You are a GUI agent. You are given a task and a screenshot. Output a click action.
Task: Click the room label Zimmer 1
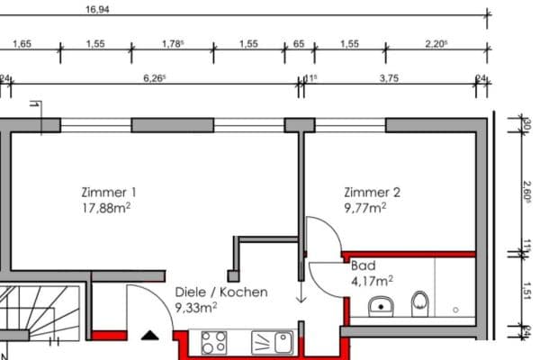[x=108, y=192]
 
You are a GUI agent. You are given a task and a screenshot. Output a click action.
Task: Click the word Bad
[x=363, y=266]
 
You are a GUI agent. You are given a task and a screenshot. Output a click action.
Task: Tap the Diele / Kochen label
[x=221, y=292]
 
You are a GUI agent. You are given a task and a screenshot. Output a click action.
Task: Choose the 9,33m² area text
[x=194, y=307]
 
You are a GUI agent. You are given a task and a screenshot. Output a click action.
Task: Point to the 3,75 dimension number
[x=389, y=78]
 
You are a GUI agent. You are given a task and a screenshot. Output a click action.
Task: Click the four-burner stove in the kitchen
[x=212, y=342]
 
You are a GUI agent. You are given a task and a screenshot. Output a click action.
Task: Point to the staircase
[x=40, y=319]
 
